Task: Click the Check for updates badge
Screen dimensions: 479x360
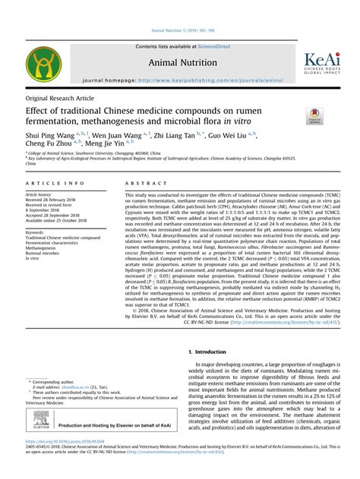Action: click(x=314, y=115)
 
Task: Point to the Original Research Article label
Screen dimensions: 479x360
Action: click(x=60, y=99)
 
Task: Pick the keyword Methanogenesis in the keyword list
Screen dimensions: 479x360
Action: click(x=41, y=248)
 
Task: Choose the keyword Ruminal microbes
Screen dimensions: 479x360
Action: click(x=43, y=254)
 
